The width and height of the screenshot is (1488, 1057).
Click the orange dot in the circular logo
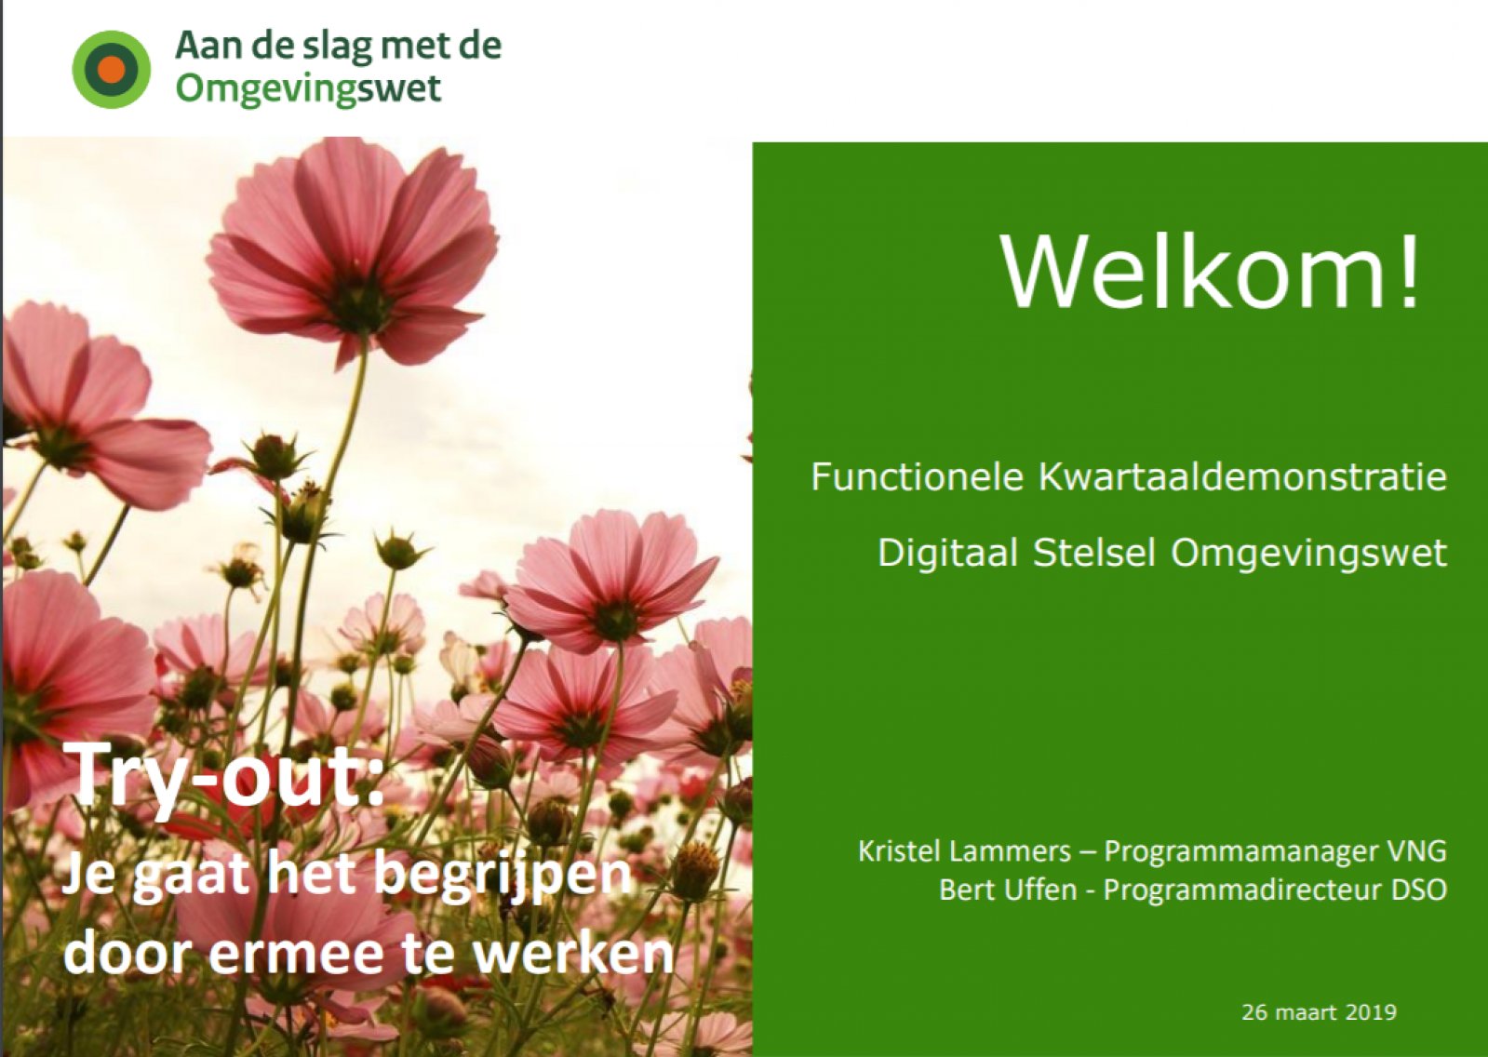pos(111,70)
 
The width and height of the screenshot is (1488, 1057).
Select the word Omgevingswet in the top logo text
pos(308,88)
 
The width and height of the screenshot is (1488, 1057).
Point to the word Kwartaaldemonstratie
pos(1241,477)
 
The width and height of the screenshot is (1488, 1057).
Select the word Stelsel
pos(1093,553)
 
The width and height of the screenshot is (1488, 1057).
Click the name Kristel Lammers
pos(964,851)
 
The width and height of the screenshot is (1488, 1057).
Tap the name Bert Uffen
pos(1007,890)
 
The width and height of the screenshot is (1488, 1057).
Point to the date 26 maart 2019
pos(1320,1013)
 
